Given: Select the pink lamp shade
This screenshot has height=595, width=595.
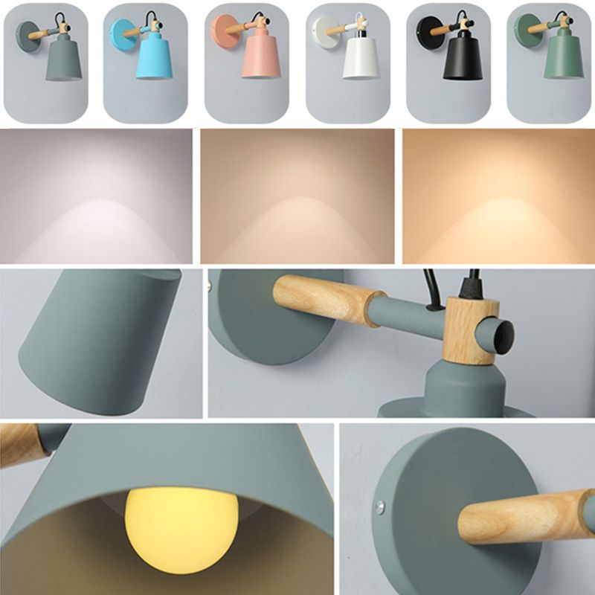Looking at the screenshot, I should (260, 57).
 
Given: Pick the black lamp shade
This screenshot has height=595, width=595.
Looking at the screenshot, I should (462, 59).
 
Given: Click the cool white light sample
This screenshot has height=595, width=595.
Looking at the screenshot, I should (96, 197).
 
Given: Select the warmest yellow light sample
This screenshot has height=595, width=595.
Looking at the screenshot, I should (498, 197).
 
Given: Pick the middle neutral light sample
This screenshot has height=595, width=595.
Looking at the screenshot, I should (297, 197).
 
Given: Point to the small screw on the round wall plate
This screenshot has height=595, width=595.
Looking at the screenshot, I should (380, 506).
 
